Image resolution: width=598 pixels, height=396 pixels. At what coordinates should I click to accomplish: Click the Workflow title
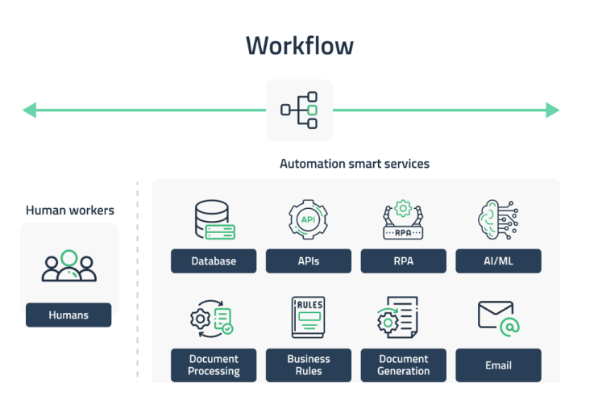click(x=299, y=45)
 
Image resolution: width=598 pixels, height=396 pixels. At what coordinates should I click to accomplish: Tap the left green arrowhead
click(x=29, y=110)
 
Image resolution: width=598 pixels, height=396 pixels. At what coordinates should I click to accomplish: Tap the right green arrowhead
click(x=552, y=110)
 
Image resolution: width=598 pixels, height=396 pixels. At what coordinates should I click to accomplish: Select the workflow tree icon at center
click(x=299, y=110)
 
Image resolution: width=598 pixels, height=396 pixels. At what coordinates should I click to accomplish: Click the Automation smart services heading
click(x=355, y=164)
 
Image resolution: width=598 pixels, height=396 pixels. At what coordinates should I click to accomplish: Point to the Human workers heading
click(x=70, y=211)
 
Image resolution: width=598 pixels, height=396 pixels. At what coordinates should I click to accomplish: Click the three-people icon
click(x=69, y=266)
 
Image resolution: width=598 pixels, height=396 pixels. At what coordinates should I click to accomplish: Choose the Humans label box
click(x=69, y=315)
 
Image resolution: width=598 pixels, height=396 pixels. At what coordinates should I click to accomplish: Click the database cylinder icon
click(x=214, y=220)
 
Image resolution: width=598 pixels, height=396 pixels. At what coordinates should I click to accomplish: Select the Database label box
click(x=214, y=261)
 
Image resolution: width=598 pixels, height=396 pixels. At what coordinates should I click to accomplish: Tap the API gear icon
click(x=308, y=219)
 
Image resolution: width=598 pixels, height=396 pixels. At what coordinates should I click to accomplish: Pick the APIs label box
click(x=308, y=261)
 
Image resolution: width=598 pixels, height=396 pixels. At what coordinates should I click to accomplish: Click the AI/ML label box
click(x=498, y=261)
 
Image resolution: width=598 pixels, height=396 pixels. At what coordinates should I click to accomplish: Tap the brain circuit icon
click(x=498, y=220)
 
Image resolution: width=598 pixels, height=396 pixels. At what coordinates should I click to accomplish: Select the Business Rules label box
click(x=308, y=365)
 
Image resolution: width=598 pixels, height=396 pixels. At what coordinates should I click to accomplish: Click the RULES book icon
click(x=308, y=318)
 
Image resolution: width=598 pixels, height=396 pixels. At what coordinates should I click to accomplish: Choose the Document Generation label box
click(x=403, y=365)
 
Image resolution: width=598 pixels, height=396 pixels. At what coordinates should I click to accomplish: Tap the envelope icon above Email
click(x=498, y=316)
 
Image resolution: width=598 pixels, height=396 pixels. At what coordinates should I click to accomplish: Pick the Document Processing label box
click(x=214, y=365)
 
